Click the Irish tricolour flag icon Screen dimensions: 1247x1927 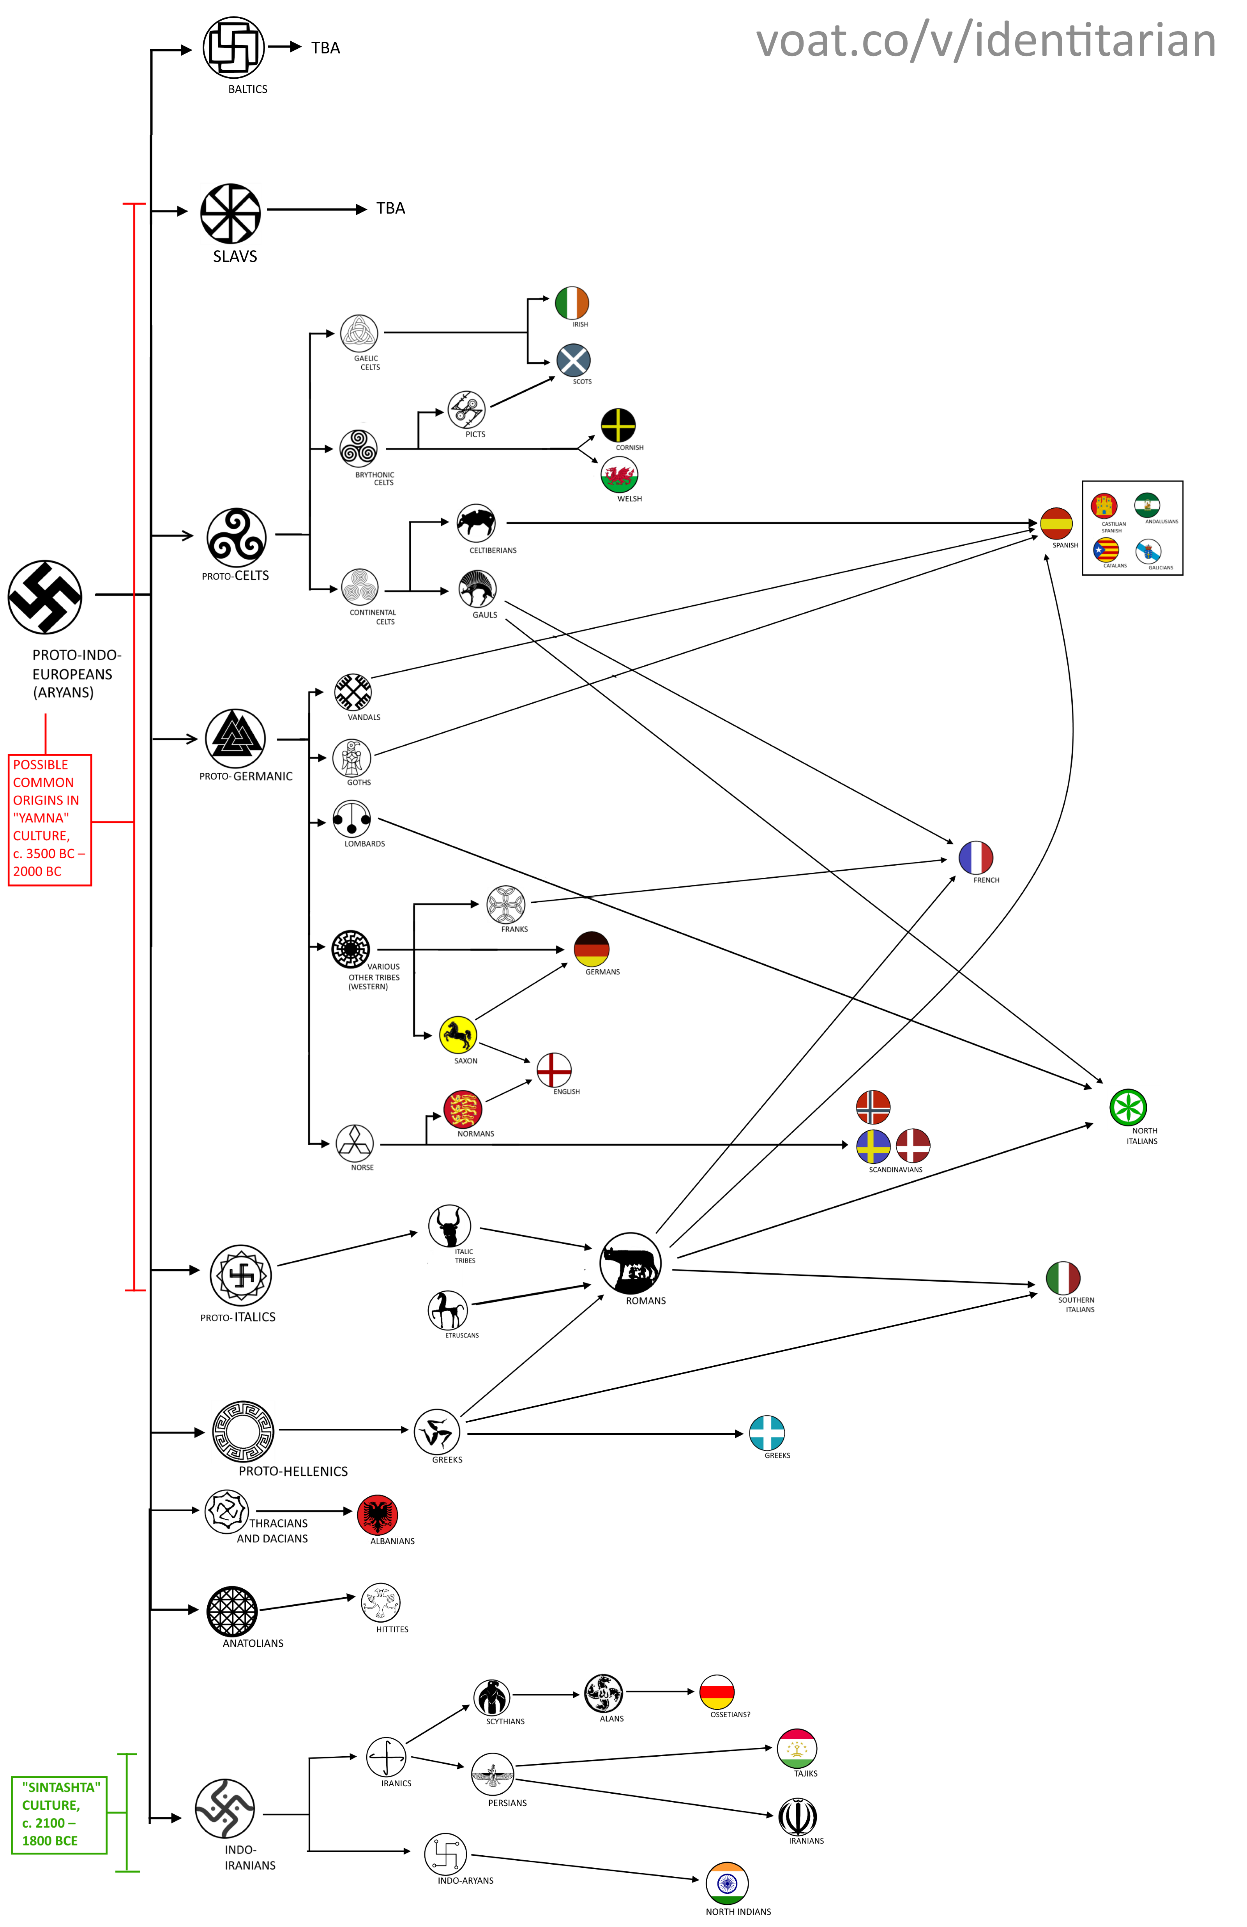click(572, 303)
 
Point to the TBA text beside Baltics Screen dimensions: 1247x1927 click(325, 48)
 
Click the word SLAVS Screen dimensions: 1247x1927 click(235, 257)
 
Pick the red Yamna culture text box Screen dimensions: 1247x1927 click(49, 820)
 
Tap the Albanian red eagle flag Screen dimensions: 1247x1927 click(377, 1516)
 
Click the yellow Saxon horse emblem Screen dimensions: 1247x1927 click(457, 1035)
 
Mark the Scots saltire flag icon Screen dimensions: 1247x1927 click(573, 360)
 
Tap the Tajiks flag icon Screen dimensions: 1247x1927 click(797, 1749)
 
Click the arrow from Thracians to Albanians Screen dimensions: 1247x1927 click(304, 1511)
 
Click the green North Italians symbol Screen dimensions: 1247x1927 click(1128, 1108)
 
